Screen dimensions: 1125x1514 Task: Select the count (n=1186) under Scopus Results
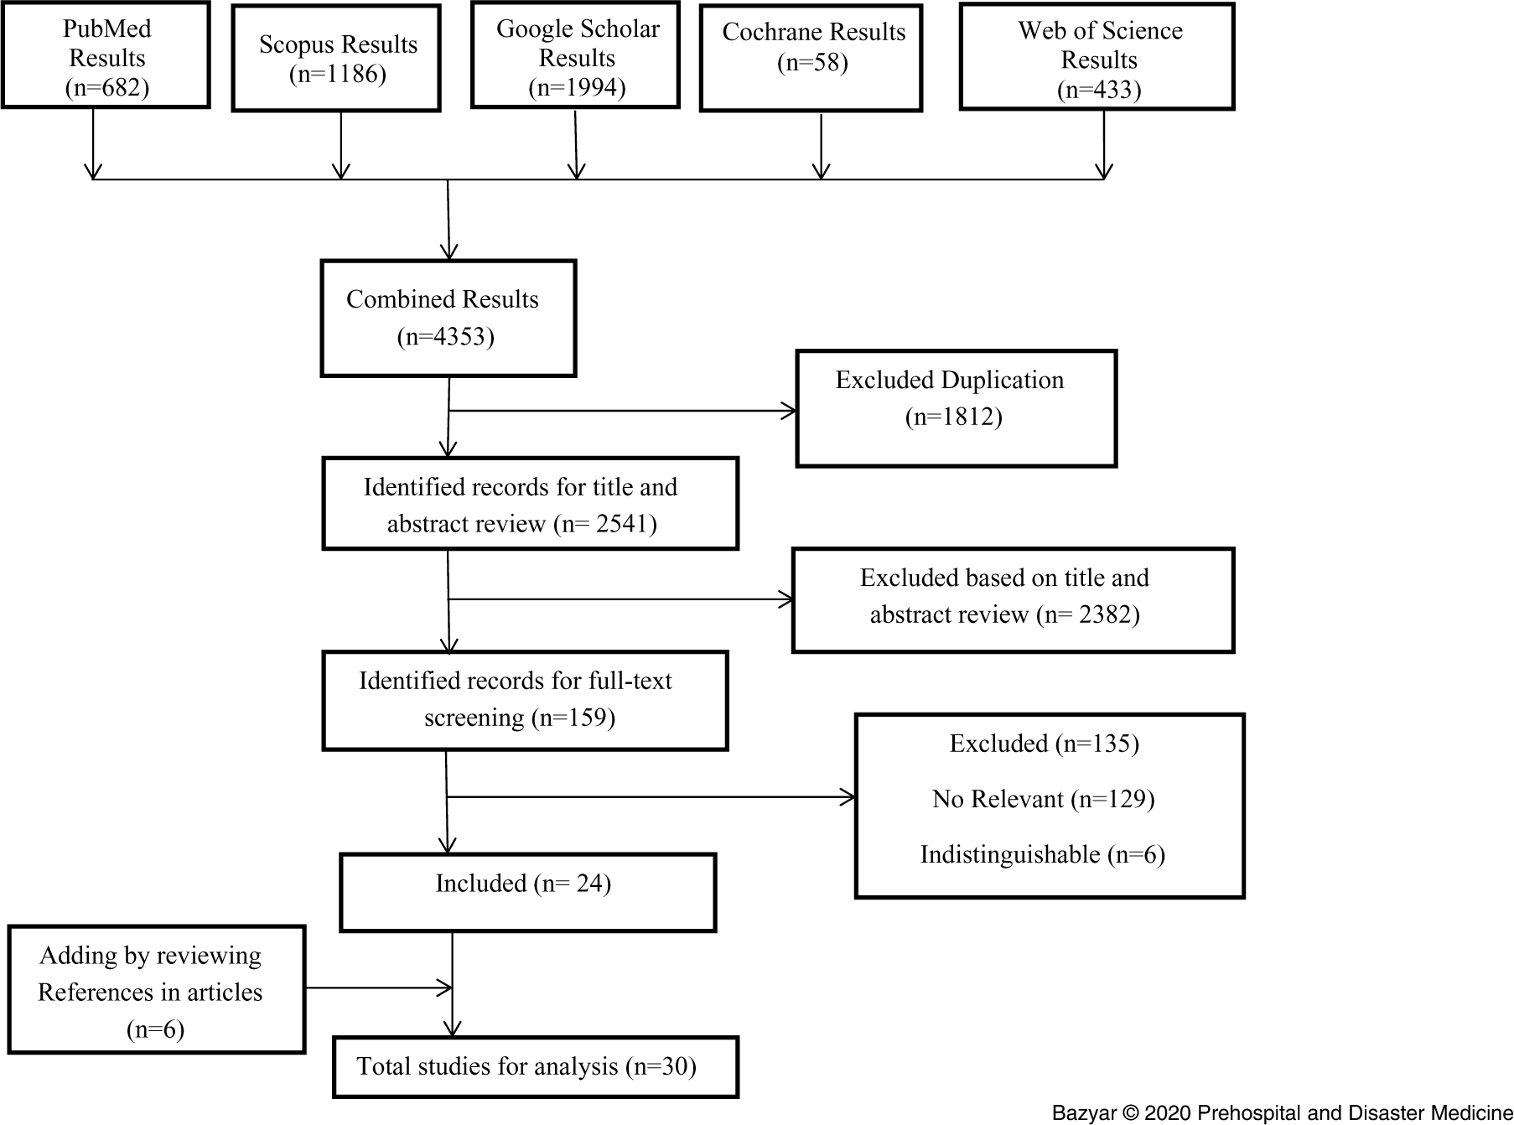click(x=337, y=75)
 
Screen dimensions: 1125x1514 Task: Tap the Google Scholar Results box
click(x=576, y=56)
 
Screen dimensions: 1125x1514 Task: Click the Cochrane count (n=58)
click(x=812, y=63)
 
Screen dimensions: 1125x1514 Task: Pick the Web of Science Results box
click(x=1097, y=56)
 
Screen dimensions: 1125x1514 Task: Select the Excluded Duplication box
click(x=956, y=407)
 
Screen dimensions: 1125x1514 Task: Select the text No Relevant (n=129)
click(x=1043, y=799)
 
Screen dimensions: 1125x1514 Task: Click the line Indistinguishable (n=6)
click(x=1042, y=854)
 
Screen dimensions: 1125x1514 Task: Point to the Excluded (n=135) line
click(x=1044, y=744)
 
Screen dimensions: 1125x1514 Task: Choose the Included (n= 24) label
click(x=523, y=884)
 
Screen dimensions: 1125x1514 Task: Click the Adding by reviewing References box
click(x=156, y=989)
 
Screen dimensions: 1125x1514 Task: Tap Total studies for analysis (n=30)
click(x=526, y=1066)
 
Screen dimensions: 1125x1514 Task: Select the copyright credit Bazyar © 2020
click(x=1282, y=1113)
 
